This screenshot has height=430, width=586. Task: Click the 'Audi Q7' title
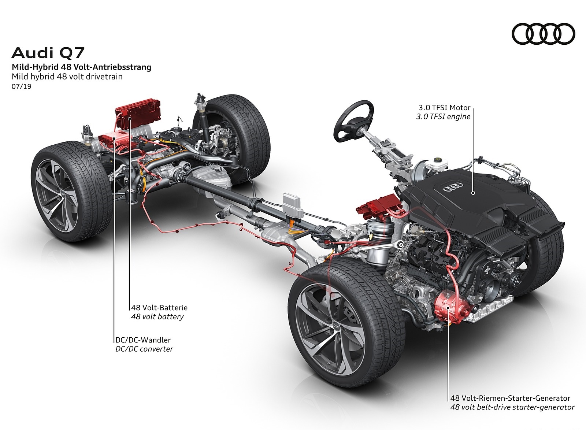tap(48, 53)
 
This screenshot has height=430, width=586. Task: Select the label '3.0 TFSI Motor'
tap(444, 108)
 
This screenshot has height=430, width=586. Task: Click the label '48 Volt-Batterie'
tap(159, 308)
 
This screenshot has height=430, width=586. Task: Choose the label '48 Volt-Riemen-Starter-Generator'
tap(510, 398)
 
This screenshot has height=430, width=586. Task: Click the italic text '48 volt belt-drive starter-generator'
tap(512, 407)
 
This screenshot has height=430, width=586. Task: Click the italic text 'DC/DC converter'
tap(144, 349)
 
